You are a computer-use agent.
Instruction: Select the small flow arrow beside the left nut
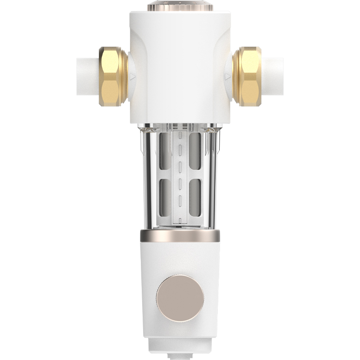coord(132,77)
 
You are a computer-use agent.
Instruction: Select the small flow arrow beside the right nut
coord(228,77)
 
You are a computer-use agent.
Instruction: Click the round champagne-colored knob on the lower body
coord(180,297)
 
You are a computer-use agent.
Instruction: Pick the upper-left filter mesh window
coord(165,151)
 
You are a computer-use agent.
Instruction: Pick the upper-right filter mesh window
coord(195,151)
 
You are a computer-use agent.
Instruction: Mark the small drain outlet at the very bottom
coord(180,355)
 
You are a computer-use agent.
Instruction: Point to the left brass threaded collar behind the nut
coord(125,76)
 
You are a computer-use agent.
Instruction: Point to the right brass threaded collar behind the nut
coord(235,76)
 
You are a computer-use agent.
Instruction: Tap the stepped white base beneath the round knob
coord(180,344)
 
